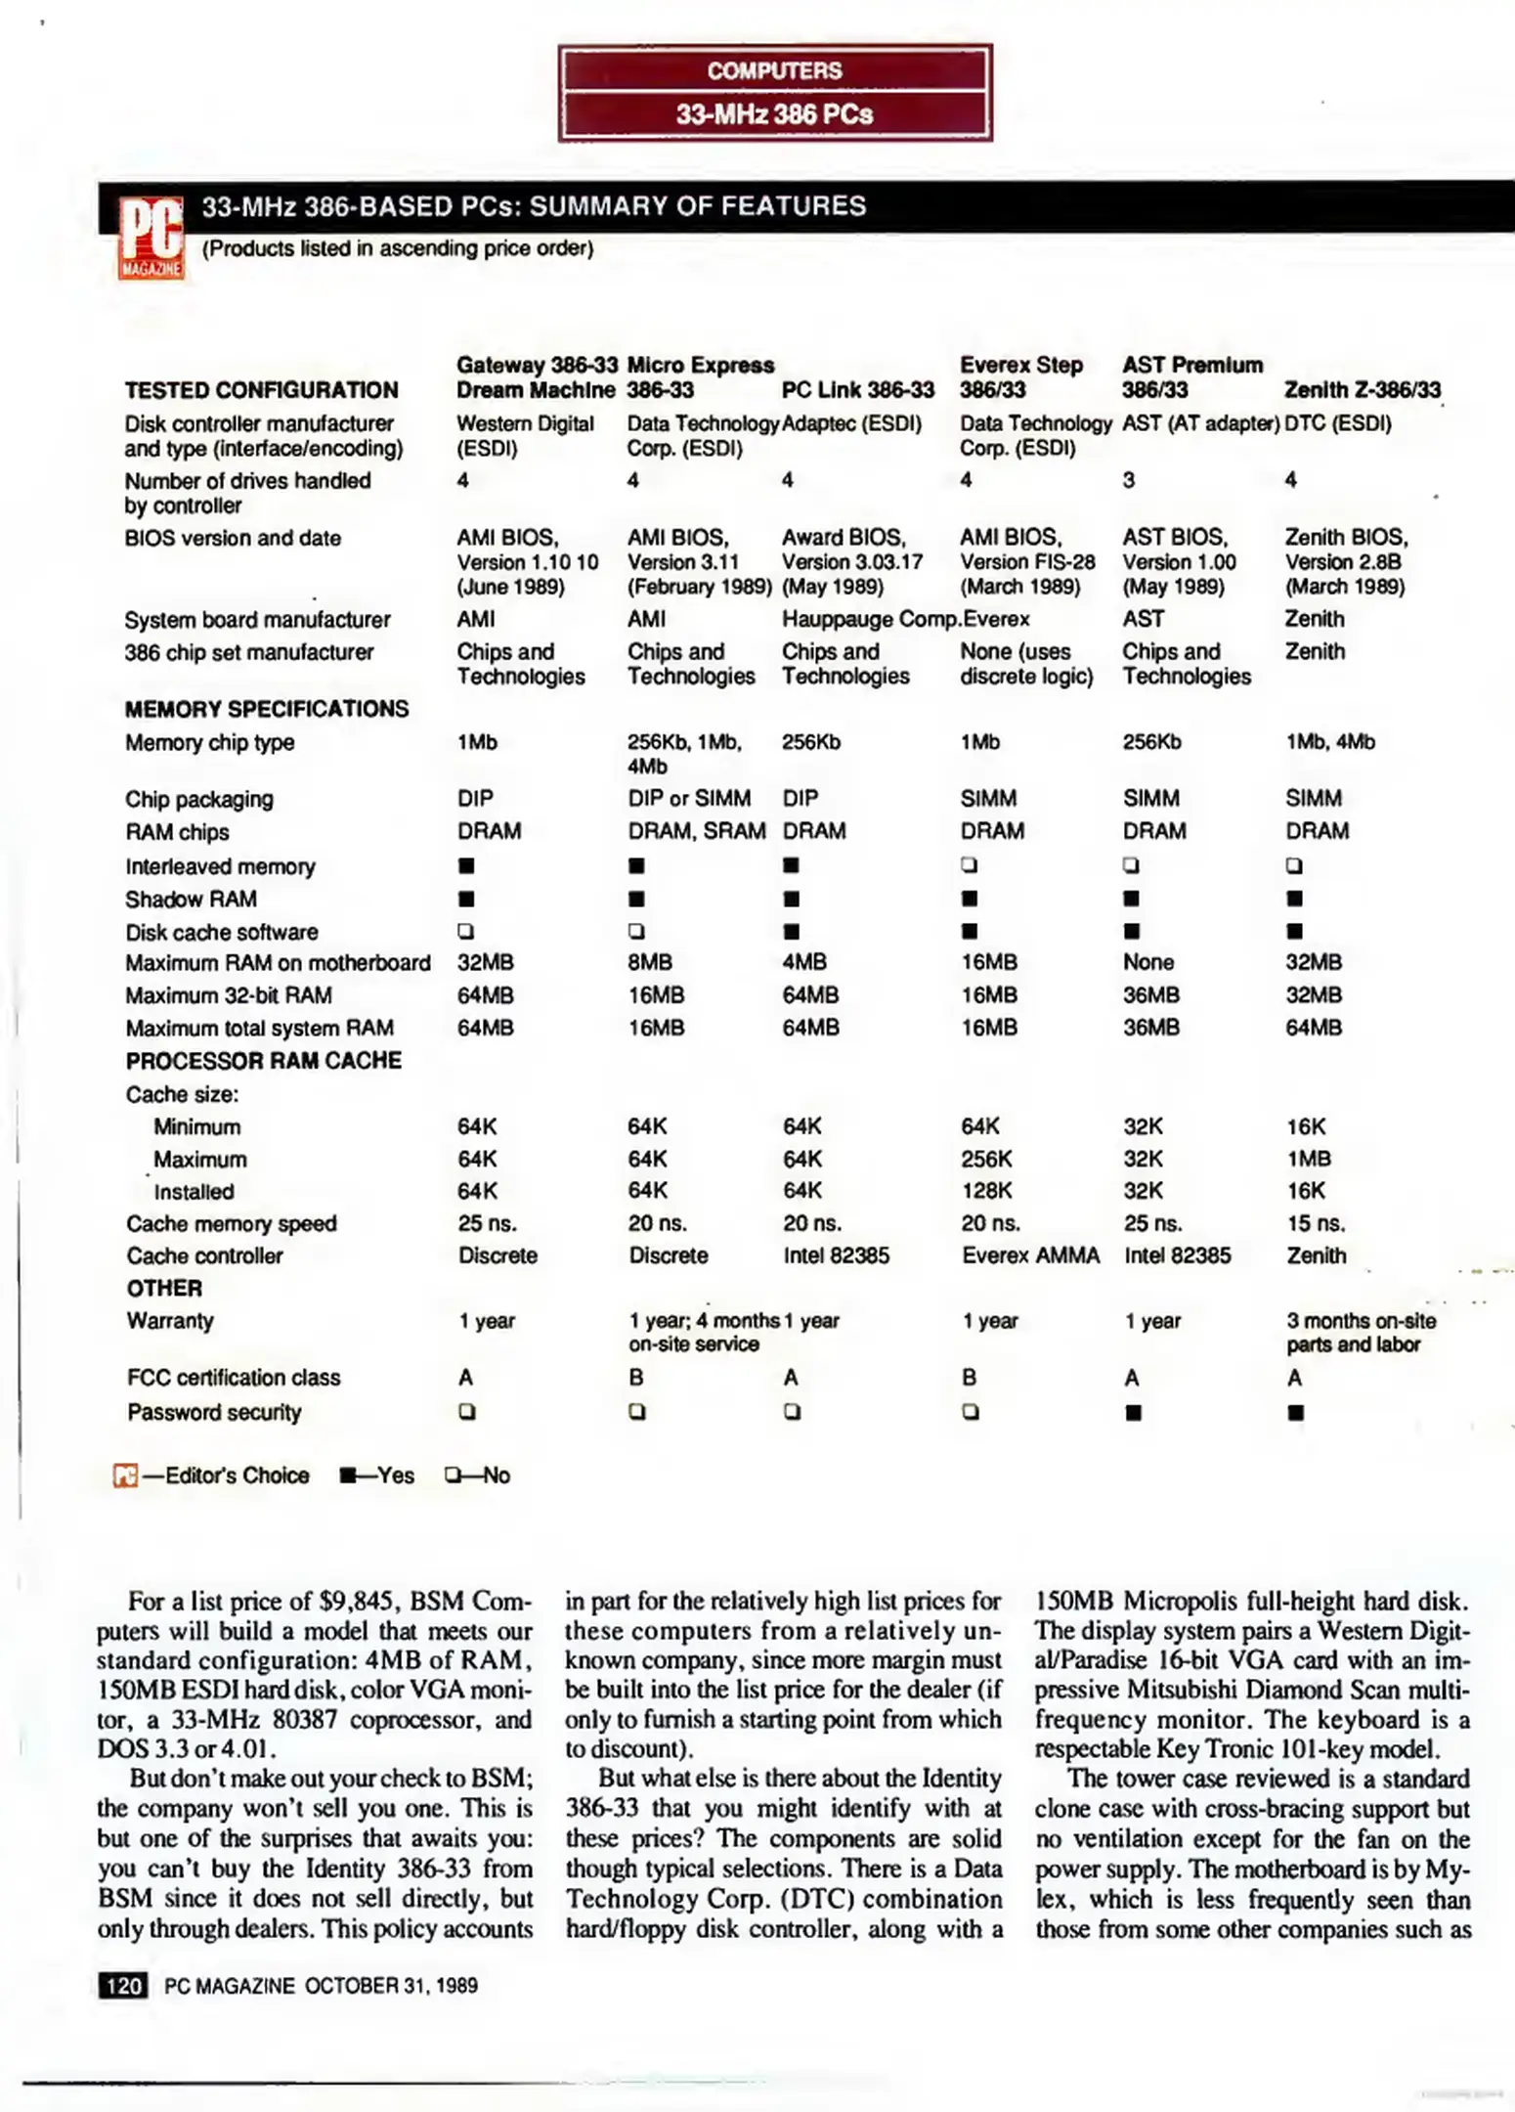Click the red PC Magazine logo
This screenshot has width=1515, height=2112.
(x=151, y=239)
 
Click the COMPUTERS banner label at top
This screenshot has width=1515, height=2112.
(x=774, y=70)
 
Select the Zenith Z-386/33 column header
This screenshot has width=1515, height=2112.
(x=1362, y=389)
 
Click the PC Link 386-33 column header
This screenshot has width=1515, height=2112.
(x=857, y=389)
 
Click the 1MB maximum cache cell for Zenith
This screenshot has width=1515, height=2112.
(x=1308, y=1159)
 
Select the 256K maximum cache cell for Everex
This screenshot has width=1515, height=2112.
(x=985, y=1159)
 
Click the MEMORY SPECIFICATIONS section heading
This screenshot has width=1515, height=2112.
(x=266, y=709)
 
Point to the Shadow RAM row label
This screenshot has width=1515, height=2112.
(x=191, y=899)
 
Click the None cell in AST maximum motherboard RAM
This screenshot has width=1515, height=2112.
(x=1147, y=962)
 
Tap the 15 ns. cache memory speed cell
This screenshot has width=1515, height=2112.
(x=1315, y=1223)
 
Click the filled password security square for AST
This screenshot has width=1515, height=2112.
(x=1133, y=1412)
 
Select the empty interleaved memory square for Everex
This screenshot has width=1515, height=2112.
(x=969, y=865)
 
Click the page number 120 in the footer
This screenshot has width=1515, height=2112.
(x=123, y=1985)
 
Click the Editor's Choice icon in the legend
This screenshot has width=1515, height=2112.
(x=125, y=1475)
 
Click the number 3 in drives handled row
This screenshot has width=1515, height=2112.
(x=1128, y=480)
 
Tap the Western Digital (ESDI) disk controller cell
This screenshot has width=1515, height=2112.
(x=524, y=436)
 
